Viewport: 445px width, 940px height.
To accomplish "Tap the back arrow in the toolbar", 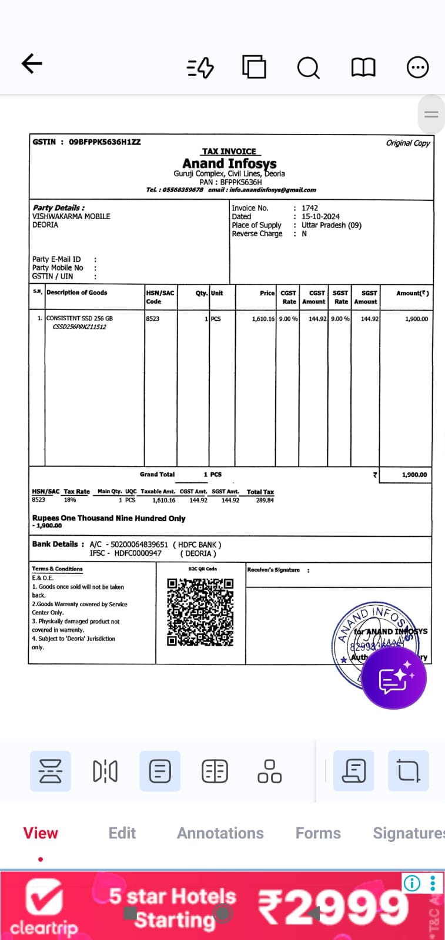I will tap(32, 63).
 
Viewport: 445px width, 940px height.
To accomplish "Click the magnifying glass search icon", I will tap(308, 68).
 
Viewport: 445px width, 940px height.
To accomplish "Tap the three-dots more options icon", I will tap(417, 68).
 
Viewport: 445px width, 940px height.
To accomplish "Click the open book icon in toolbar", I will tap(363, 68).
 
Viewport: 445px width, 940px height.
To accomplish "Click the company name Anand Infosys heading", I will tap(229, 163).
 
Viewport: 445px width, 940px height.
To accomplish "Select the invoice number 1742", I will tap(310, 208).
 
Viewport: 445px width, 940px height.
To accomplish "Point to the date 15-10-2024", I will tap(320, 216).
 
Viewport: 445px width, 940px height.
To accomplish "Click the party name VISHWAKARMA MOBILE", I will tap(71, 216).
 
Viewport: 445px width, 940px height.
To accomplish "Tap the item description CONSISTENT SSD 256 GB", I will tap(79, 318).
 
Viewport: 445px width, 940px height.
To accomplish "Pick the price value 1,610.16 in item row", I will tap(263, 318).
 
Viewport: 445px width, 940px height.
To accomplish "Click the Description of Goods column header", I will tap(77, 293).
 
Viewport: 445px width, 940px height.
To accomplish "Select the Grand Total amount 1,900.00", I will tap(414, 475).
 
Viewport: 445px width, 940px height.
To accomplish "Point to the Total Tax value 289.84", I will tap(265, 501).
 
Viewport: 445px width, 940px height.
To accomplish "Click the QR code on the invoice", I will tap(200, 612).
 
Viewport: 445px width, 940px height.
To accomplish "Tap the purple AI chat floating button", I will tap(394, 679).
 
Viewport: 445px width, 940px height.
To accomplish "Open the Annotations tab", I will tap(220, 833).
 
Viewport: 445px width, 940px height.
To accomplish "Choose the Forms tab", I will tap(318, 833).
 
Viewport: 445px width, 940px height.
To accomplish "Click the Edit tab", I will tap(122, 833).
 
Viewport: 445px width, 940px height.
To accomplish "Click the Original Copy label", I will tap(408, 143).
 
